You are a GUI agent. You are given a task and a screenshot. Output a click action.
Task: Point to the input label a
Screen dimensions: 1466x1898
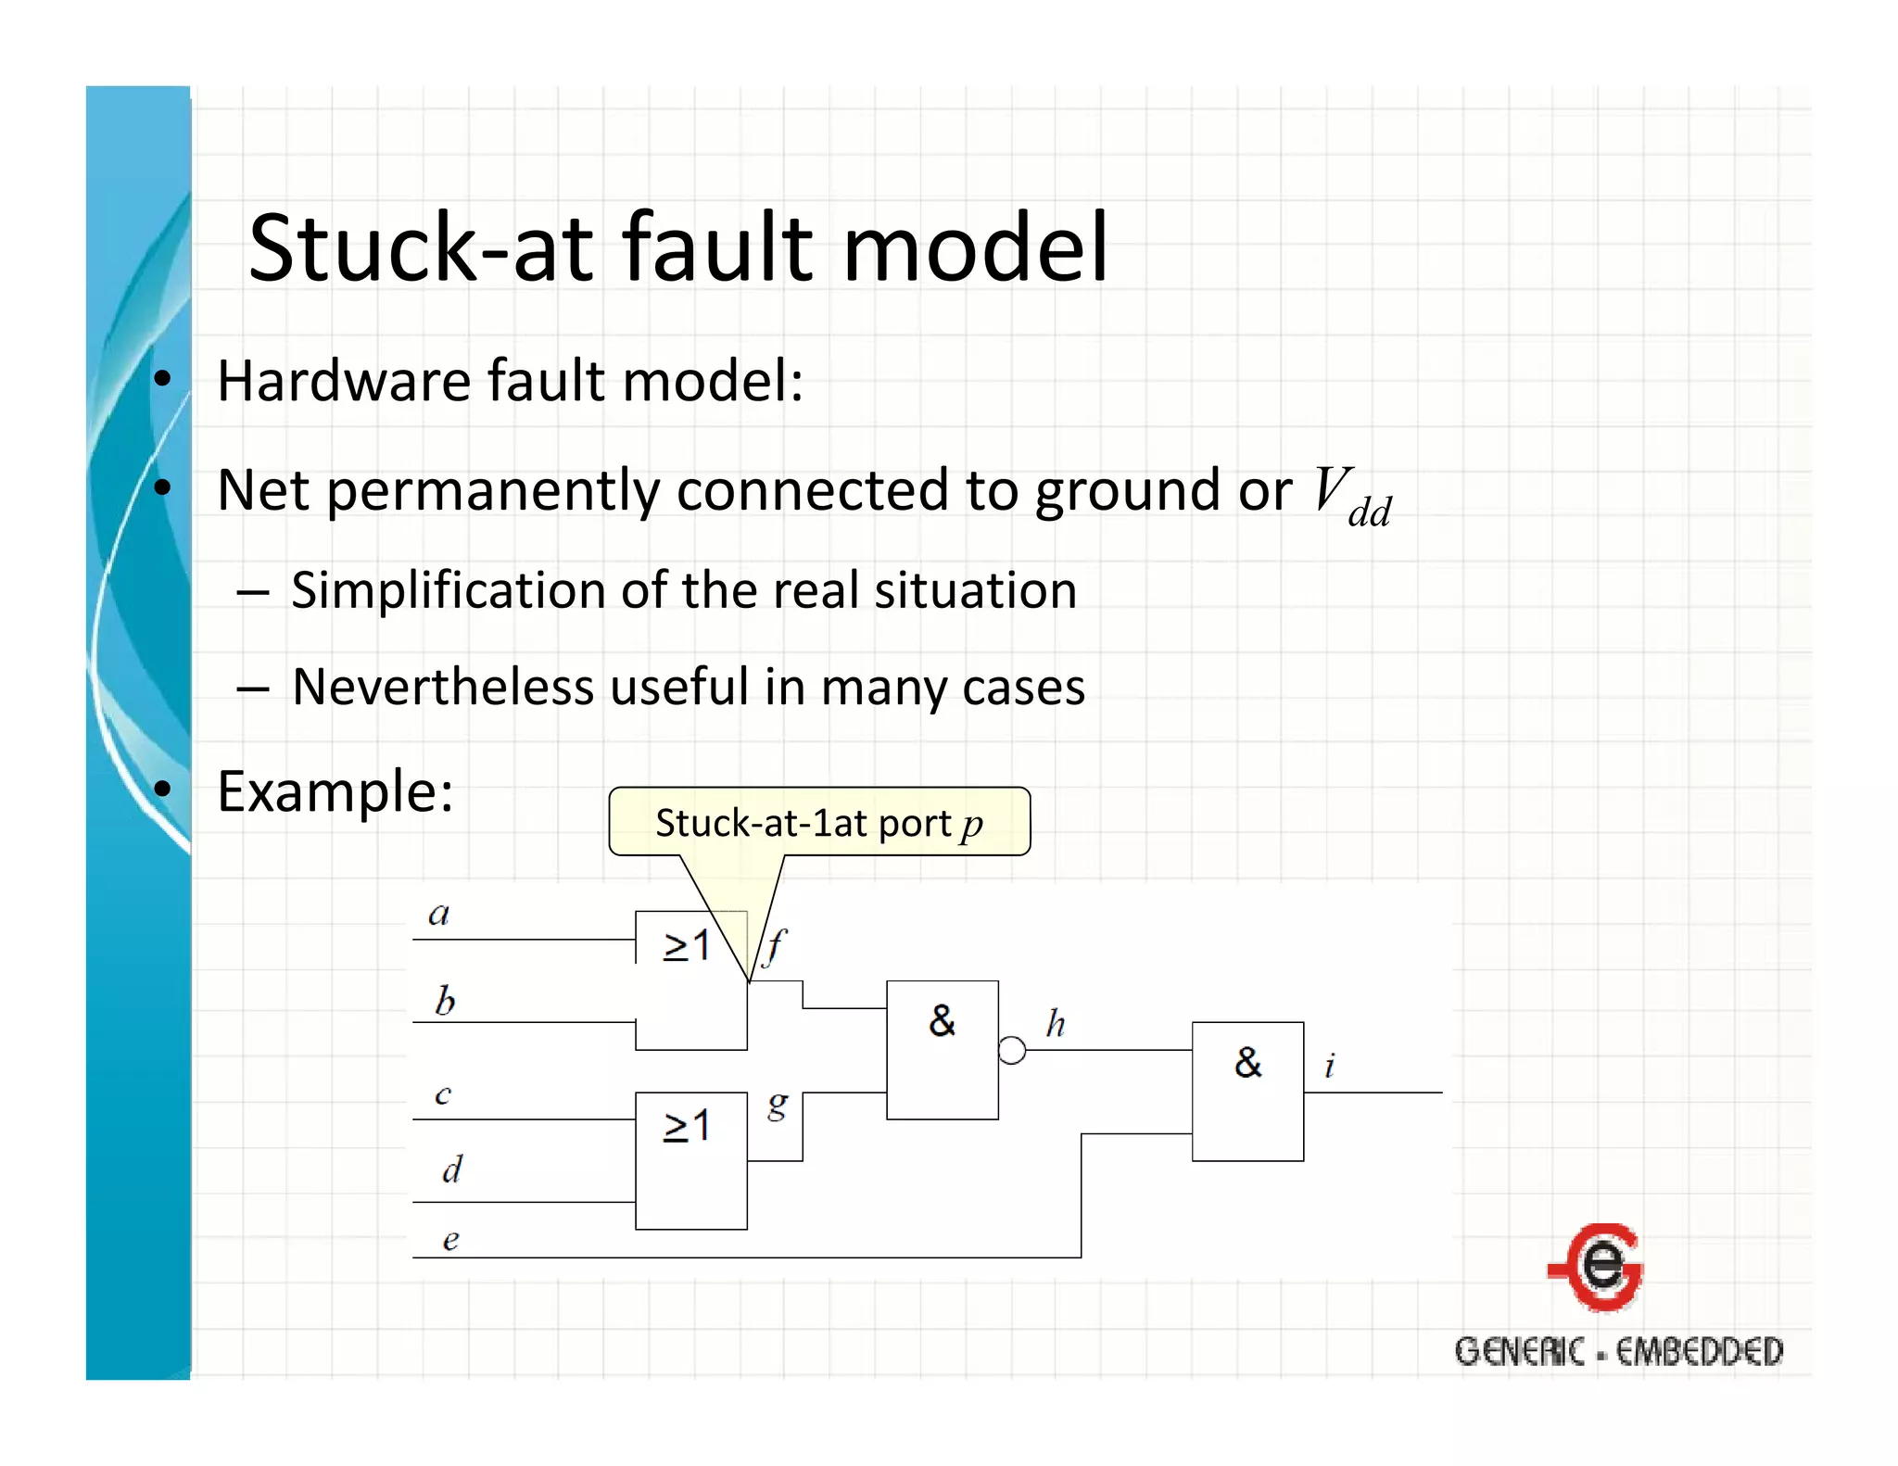point(438,915)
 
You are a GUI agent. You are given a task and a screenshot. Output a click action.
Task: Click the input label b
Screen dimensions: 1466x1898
point(445,1001)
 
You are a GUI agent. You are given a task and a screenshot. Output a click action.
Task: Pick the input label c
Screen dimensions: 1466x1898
point(443,1095)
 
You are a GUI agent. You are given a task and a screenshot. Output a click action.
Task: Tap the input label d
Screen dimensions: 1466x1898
point(451,1169)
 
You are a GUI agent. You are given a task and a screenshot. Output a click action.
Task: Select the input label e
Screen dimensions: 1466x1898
point(450,1240)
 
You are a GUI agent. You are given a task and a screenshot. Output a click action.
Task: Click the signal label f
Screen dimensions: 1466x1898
point(775,946)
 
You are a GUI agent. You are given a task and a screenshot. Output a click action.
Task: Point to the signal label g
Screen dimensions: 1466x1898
point(778,1104)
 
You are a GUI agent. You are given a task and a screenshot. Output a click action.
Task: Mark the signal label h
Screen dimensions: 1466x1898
point(1056,1024)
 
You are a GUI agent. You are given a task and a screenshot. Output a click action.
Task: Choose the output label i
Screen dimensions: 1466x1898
point(1330,1066)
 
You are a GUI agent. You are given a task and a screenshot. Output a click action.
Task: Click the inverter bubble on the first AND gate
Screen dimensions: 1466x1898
point(1012,1051)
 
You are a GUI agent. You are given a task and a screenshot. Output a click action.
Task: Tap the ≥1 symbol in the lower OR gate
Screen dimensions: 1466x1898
point(687,1126)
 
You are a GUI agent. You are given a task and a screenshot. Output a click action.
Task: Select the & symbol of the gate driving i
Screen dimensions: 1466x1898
point(1247,1062)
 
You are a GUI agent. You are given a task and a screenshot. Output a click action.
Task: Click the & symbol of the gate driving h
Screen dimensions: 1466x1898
point(942,1020)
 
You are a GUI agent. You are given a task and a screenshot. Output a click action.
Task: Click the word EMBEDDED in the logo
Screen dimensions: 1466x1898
point(1699,1352)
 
